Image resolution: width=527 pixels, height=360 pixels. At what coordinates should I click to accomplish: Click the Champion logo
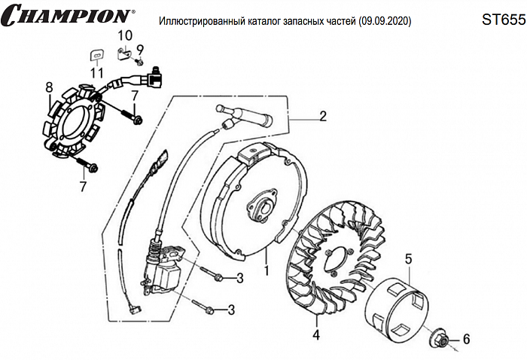click(x=68, y=16)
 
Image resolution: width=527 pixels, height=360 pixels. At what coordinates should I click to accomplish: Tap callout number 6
click(x=465, y=340)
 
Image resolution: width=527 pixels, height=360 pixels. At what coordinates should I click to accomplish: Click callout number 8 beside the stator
click(x=49, y=87)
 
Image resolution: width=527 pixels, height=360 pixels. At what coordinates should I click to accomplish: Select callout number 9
click(x=140, y=50)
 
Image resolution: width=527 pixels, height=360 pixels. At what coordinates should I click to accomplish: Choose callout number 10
click(x=124, y=35)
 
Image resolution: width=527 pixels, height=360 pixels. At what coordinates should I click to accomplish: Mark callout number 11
click(x=96, y=72)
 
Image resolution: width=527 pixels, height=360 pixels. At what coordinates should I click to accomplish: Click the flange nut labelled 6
click(x=443, y=340)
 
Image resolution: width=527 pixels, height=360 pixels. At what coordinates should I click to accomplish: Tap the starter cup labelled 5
click(x=397, y=308)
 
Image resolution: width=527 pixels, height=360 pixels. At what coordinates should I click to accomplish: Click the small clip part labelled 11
click(x=96, y=54)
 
